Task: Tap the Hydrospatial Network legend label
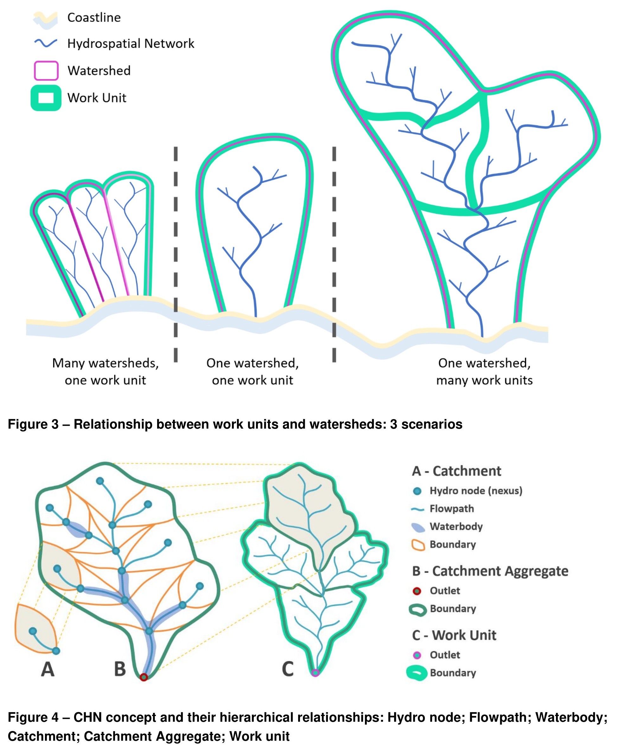pyautogui.click(x=131, y=43)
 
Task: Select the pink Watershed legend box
pyautogui.click(x=46, y=71)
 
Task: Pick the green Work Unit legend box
pyautogui.click(x=46, y=98)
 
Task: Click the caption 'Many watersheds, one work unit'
pyautogui.click(x=105, y=372)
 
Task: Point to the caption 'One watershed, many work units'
pyautogui.click(x=484, y=372)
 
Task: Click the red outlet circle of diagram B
pyautogui.click(x=144, y=677)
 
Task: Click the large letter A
pyautogui.click(x=48, y=669)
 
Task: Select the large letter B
pyautogui.click(x=120, y=669)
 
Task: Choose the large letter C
pyautogui.click(x=288, y=669)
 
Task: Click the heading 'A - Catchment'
pyautogui.click(x=456, y=471)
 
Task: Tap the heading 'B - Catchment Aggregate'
pyautogui.click(x=490, y=571)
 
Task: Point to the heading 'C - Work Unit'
pyautogui.click(x=454, y=635)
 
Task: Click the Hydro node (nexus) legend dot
pyautogui.click(x=417, y=491)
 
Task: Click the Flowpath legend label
pyautogui.click(x=452, y=509)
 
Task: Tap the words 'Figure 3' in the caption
pyautogui.click(x=33, y=424)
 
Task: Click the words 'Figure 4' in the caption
pyautogui.click(x=33, y=717)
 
